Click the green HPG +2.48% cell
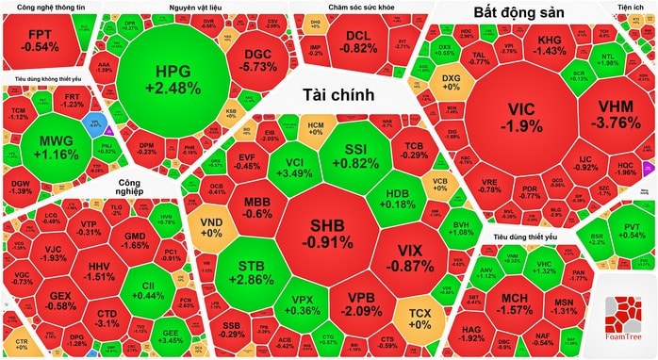(178, 79)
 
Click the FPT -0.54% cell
(41, 39)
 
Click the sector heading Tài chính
(339, 95)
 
